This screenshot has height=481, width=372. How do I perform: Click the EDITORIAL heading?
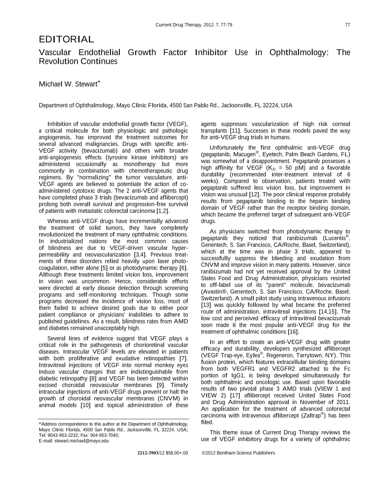[67, 40]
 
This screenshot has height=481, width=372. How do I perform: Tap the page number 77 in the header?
[347, 24]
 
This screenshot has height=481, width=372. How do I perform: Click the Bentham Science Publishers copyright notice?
[238, 453]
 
